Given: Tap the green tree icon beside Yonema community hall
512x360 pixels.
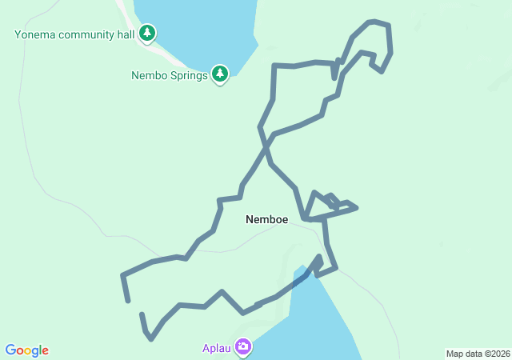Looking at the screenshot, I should pos(146,33).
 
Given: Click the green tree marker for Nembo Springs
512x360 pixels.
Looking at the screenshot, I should pos(221,74).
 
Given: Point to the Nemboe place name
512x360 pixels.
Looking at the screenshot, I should pos(266,219).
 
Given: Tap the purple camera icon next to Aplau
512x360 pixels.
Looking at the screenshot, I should pos(242,347).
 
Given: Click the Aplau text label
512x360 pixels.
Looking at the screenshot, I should pos(216,348).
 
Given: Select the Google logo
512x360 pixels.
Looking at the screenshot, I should pos(27,350).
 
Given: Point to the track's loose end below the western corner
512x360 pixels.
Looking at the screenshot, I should pos(128,301).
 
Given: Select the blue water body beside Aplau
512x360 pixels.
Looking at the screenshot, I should pos(312,320).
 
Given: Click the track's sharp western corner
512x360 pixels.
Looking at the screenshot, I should pos(122,275).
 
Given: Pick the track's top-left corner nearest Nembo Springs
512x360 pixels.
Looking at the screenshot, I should pos(274,66).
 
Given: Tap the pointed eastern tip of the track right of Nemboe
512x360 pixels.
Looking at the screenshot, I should pos(356,208).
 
